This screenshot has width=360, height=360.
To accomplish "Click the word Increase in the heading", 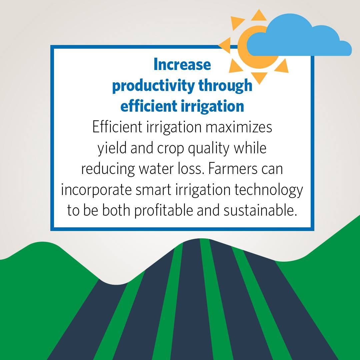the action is coord(182,65).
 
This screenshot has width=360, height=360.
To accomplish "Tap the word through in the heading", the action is coord(225,86).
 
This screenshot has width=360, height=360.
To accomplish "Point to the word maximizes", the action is coord(239,127).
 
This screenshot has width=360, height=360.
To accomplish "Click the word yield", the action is coord(112,148).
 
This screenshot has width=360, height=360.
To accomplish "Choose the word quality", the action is coord(209,148).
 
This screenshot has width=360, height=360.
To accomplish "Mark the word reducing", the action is coord(108,169).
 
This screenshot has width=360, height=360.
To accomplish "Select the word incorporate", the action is coord(96,190).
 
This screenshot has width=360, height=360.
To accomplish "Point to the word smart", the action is coord(153,190).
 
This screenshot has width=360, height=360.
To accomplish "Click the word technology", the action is coord(269,190).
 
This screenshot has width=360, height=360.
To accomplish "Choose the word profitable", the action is coord(163,211).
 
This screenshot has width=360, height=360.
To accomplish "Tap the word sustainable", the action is coord(260,210).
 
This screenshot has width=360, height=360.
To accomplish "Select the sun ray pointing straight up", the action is coord(259,16).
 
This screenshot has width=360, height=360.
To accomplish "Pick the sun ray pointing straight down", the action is coord(259,77).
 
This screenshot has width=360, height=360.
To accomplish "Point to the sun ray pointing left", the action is coord(225,45).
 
